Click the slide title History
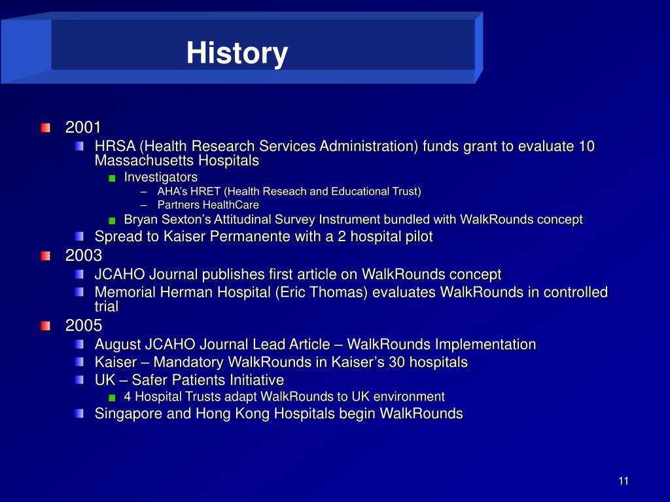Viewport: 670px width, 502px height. pos(237,54)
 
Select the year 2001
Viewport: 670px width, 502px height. pos(83,127)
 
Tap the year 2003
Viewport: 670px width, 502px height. pos(84,256)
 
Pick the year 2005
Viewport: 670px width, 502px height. pos(84,326)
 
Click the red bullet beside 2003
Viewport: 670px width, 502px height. pos(46,256)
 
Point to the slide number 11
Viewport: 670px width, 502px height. pos(624,481)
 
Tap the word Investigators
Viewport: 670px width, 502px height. pos(161,177)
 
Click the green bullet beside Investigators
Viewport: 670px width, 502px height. pos(113,178)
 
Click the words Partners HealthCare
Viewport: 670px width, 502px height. pos(208,205)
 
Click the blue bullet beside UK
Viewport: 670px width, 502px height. pos(79,380)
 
